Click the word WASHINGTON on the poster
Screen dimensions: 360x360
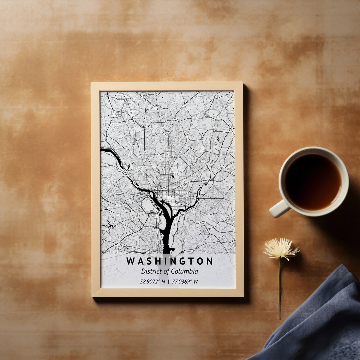tap(169, 261)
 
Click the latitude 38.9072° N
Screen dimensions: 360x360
tap(153, 282)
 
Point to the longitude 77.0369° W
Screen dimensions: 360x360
tap(185, 282)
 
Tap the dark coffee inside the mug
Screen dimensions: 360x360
tap(312, 182)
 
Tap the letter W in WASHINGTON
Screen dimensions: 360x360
tap(130, 261)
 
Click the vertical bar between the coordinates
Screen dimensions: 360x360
tap(168, 282)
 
